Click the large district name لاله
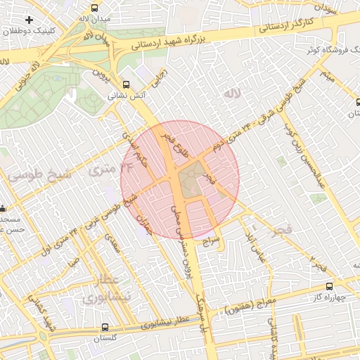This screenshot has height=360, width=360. coord(231,93)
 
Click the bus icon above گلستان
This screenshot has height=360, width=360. coord(105,327)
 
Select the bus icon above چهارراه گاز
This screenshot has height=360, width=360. coord(330,286)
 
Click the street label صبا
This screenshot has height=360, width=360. coord(74,262)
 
